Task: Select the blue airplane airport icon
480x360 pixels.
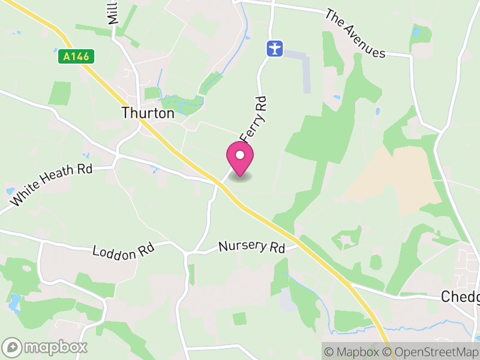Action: pos(275,48)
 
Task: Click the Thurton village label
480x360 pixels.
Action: pos(148,113)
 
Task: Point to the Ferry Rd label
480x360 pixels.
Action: pos(254,118)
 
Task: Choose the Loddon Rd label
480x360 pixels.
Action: pos(123,251)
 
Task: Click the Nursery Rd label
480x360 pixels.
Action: pos(251,246)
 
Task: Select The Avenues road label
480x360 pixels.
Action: pos(355,34)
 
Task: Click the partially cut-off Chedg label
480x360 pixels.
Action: pos(460,296)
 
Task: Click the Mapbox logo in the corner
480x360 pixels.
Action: pos(45,347)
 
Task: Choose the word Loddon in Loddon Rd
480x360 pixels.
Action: pos(115,251)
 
